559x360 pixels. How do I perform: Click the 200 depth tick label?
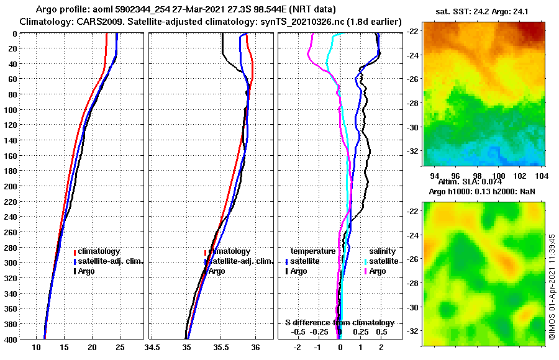tap(11, 186)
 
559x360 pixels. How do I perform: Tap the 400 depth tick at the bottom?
tap(11, 339)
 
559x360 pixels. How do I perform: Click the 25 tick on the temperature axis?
tap(120, 347)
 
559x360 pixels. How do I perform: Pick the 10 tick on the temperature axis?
tap(36, 347)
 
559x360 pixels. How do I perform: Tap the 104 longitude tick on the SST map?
tap(540, 176)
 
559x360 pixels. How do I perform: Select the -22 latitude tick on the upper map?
tap(413, 31)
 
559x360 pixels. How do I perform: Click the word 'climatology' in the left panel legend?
tap(99, 251)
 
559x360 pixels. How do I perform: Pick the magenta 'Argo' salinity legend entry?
tap(378, 271)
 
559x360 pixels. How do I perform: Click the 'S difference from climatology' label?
tap(340, 322)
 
